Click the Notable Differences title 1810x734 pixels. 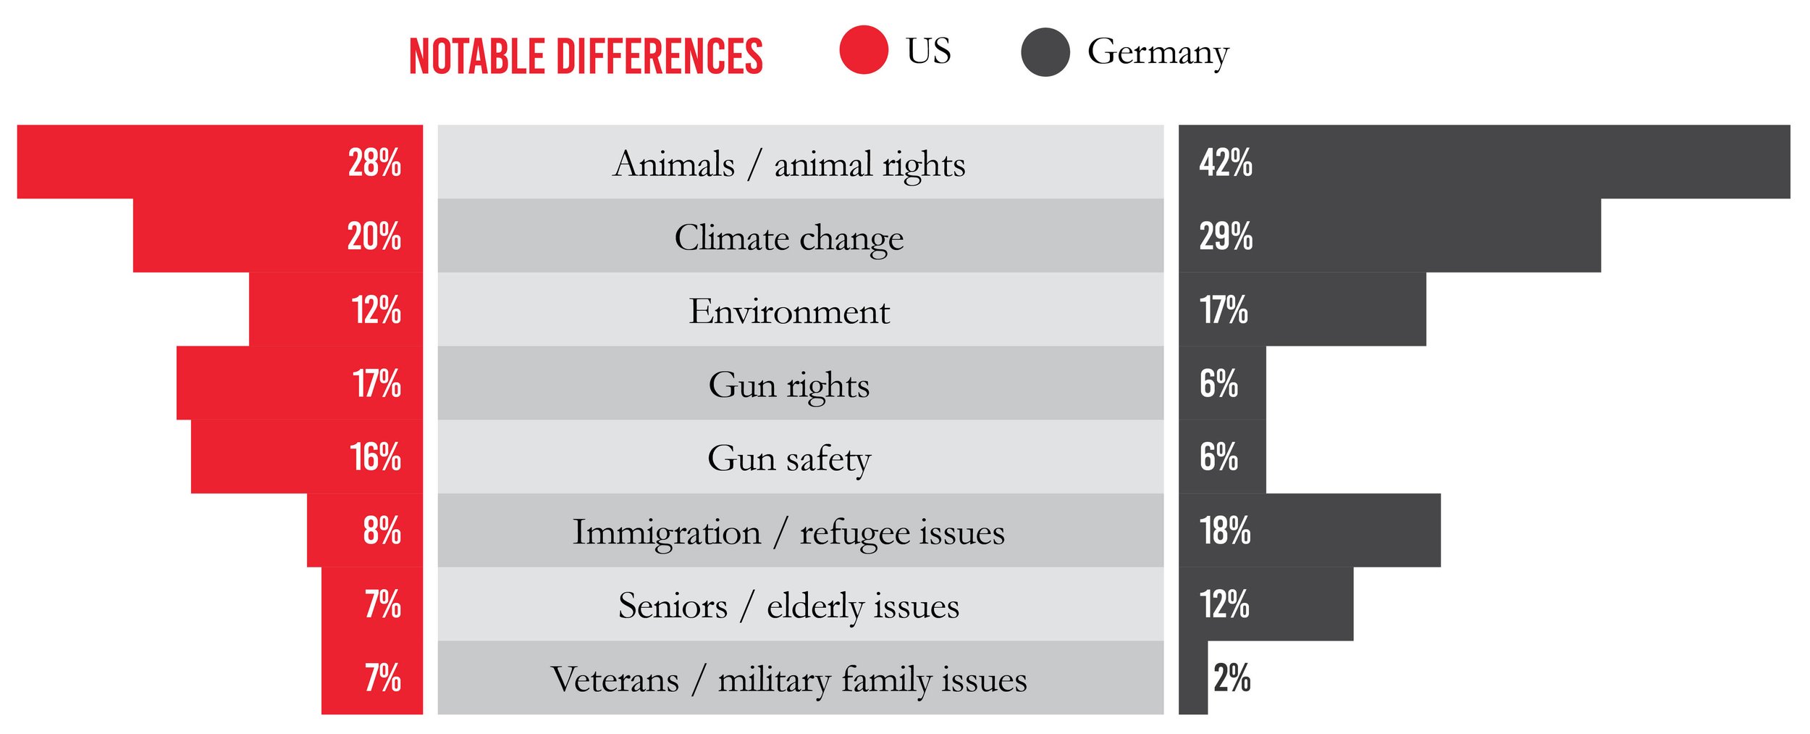[x=586, y=57]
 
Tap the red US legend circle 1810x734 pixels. [x=863, y=50]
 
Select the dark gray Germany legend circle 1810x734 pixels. [x=1045, y=52]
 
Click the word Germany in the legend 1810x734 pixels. [x=1158, y=52]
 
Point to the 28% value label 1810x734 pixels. [x=374, y=162]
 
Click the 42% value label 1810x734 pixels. [x=1225, y=162]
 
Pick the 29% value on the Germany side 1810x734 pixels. [x=1225, y=236]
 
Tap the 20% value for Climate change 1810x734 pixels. [x=374, y=236]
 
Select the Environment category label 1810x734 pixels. [x=789, y=311]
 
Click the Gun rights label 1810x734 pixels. [x=789, y=385]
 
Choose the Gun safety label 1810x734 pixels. [x=789, y=458]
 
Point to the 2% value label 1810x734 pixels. [x=1232, y=678]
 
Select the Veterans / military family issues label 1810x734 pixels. [x=789, y=680]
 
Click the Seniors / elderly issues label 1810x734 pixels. [x=789, y=606]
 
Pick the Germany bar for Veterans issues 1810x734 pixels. [x=1192, y=678]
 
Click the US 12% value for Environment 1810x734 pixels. [x=376, y=310]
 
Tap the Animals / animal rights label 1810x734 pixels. [x=789, y=164]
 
